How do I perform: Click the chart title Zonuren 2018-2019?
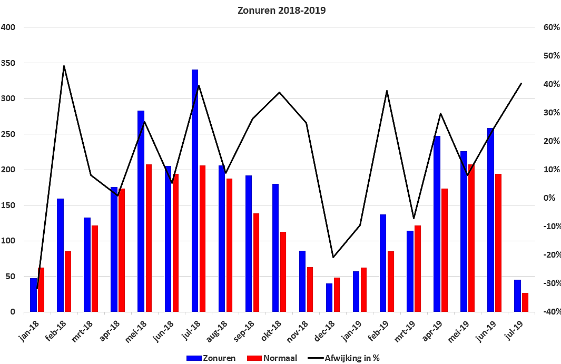pos(282,11)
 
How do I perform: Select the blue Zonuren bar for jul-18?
pos(194,191)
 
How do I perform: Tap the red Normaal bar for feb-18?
pos(68,282)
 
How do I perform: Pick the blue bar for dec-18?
pos(329,298)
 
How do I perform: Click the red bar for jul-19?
pos(525,302)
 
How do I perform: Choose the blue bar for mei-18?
pos(141,211)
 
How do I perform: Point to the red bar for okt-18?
pos(283,272)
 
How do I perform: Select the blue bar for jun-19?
pos(490,220)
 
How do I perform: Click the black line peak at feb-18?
pos(64,66)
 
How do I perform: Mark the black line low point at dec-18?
pos(333,258)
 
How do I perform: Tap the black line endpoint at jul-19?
pos(521,83)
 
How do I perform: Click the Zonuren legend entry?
pos(211,358)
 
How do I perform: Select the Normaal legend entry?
pos(272,358)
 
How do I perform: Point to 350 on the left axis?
pos(8,63)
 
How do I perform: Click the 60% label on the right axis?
pos(552,27)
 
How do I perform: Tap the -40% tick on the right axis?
pos(552,312)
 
